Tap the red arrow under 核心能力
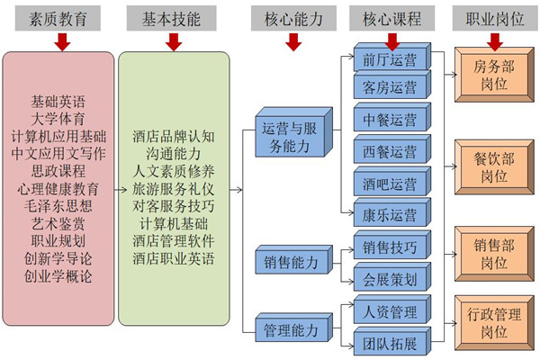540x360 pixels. tap(292, 40)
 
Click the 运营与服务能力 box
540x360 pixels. tap(292, 137)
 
